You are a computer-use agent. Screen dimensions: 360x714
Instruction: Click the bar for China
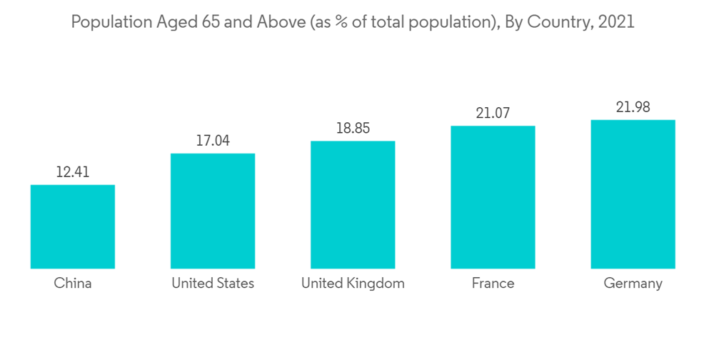click(x=72, y=226)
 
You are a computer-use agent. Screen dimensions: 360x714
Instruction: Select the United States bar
click(x=213, y=211)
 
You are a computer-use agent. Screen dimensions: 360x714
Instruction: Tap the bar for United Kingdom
click(x=353, y=204)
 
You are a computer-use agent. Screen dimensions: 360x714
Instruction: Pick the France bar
click(x=493, y=197)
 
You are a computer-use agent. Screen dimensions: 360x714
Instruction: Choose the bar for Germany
click(x=633, y=194)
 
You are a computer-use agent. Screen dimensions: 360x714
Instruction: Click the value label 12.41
click(x=72, y=172)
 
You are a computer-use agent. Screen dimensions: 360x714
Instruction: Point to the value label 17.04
click(x=213, y=141)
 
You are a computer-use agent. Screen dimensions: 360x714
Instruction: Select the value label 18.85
click(x=353, y=129)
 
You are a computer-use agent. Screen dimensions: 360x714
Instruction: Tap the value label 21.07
click(x=493, y=113)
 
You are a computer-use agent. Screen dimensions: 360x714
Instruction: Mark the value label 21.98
click(x=633, y=107)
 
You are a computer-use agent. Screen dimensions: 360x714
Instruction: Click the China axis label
click(x=73, y=284)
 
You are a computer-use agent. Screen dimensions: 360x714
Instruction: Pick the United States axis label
click(x=213, y=284)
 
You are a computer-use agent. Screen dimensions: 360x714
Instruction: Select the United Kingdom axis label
click(x=353, y=284)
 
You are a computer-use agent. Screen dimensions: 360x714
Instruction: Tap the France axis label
click(x=493, y=284)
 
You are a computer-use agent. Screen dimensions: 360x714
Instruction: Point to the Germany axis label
click(x=633, y=284)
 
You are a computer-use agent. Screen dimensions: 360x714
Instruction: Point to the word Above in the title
click(x=271, y=22)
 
